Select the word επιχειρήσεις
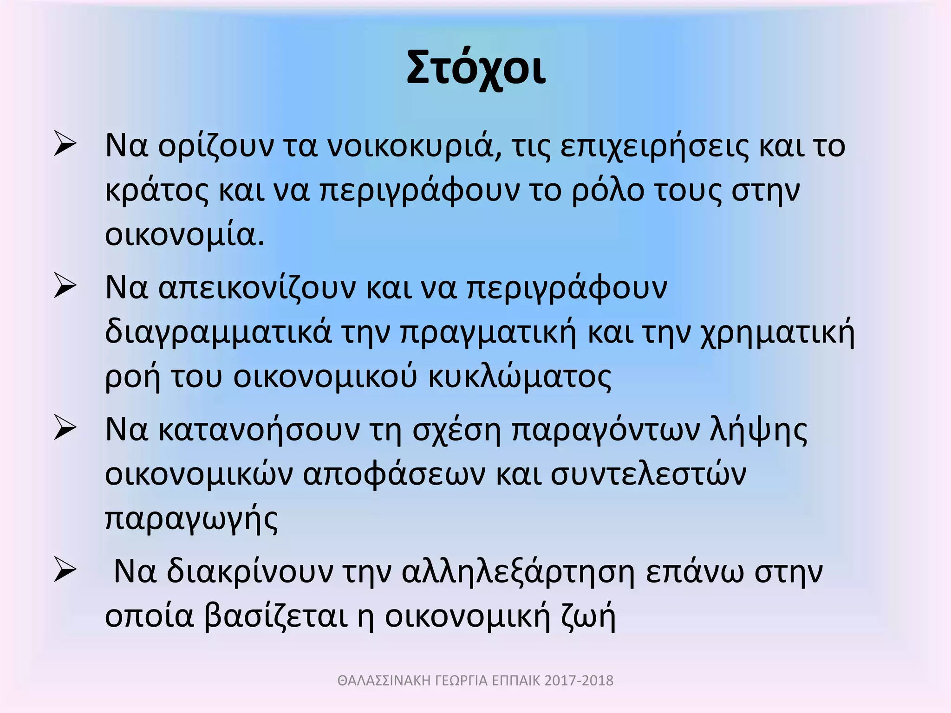[654, 147]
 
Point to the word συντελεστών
[648, 474]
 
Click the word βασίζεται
[276, 616]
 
